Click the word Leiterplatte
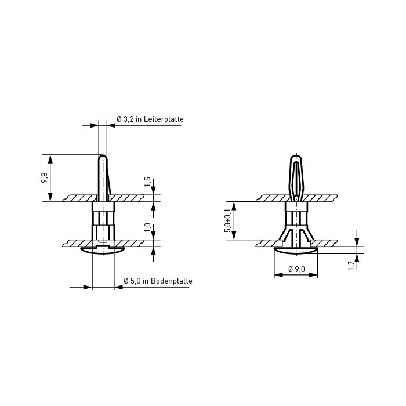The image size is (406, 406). [164, 119]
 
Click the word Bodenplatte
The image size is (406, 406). [172, 281]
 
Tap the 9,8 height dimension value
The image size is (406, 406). [44, 178]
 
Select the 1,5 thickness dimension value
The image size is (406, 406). [147, 182]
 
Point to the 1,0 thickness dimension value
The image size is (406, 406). [147, 227]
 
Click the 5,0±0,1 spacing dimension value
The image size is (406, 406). [227, 220]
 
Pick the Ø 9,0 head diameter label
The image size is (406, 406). [297, 269]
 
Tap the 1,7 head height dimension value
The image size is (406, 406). [351, 266]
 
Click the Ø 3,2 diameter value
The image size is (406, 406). [125, 119]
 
